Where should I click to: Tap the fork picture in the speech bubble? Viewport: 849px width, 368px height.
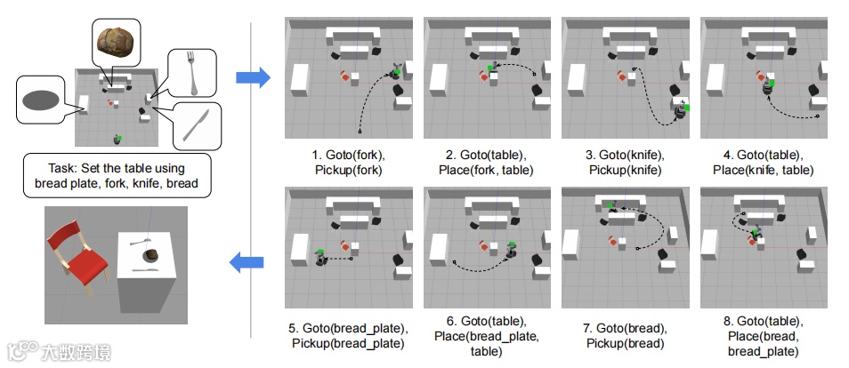(189, 70)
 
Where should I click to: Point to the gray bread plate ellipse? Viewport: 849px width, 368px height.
(42, 100)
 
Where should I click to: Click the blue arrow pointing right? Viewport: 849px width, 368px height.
(253, 78)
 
